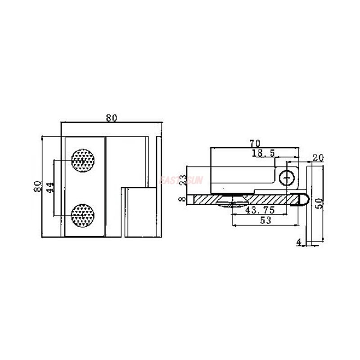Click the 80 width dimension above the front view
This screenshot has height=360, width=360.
(112, 118)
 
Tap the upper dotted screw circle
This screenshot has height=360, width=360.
(83, 160)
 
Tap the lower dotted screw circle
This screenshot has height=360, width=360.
(83, 215)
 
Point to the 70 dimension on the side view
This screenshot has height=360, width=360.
(255, 144)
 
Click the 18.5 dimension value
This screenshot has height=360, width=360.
(263, 153)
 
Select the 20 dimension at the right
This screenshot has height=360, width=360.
(318, 158)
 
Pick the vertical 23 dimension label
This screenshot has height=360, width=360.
(183, 180)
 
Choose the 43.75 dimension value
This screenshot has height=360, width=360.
(256, 210)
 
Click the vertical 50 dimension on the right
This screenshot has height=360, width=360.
(318, 203)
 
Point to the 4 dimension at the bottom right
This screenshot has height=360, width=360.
(299, 243)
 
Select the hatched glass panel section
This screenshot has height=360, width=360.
(243, 199)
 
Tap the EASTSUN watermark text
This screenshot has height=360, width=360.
(181, 180)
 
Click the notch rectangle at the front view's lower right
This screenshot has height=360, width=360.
(140, 212)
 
